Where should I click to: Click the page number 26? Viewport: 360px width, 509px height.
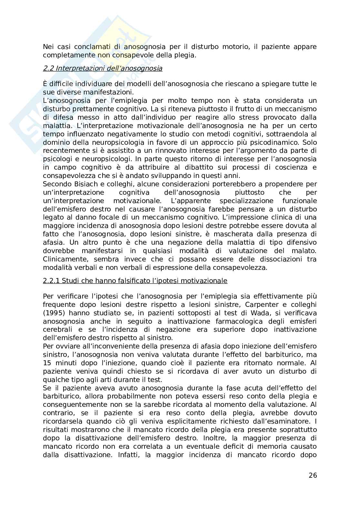click(x=313, y=475)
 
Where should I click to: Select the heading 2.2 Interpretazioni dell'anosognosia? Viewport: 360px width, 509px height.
click(x=103, y=68)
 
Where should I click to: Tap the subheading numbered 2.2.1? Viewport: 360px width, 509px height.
click(x=135, y=281)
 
